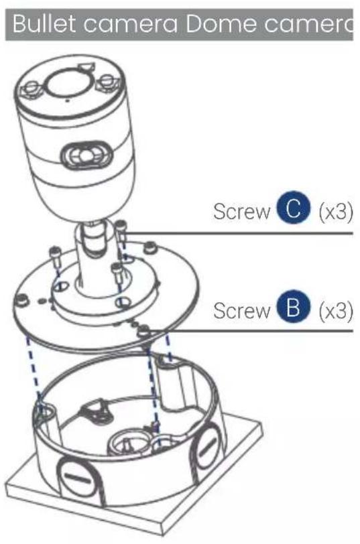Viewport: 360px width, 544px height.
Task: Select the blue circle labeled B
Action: point(290,310)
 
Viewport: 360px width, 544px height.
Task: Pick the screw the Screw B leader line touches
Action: point(143,329)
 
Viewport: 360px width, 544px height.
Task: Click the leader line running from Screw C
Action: point(241,234)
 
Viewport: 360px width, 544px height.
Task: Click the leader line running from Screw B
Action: point(255,331)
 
